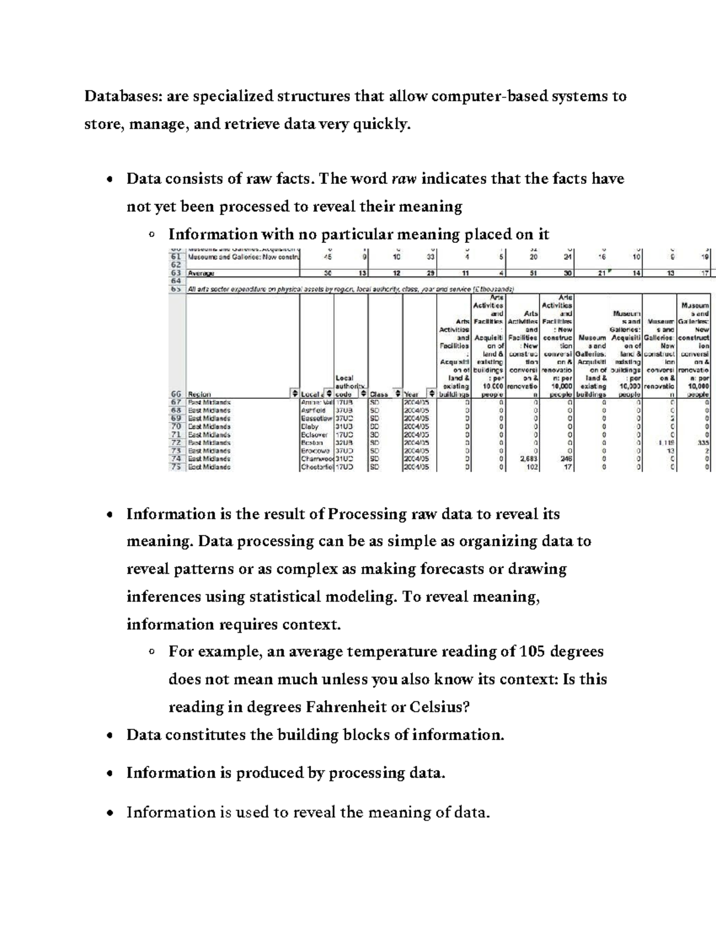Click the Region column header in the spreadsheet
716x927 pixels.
[x=199, y=394]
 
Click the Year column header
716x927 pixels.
[x=412, y=394]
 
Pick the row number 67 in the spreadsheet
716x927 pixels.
[x=175, y=402]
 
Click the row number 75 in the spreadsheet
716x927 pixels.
[x=175, y=467]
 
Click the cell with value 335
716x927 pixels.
[x=703, y=443]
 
